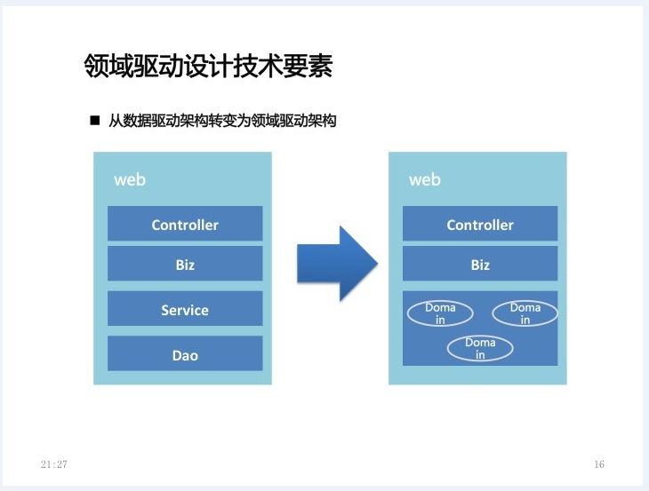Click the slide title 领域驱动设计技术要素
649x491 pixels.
[x=208, y=66]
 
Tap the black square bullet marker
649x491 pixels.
[x=95, y=120]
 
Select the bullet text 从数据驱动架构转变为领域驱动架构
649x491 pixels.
[x=222, y=121]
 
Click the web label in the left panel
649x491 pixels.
[x=130, y=179]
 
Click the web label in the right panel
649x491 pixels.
[x=425, y=179]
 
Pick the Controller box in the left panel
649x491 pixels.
[x=185, y=223]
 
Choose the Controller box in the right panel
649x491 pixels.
[x=480, y=223]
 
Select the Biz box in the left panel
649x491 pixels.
[x=185, y=264]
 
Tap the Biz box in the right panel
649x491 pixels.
[x=480, y=264]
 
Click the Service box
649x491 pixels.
[x=185, y=308]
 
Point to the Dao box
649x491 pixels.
[x=185, y=353]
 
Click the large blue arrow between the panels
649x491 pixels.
[x=337, y=264]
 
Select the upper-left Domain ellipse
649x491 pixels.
[x=440, y=313]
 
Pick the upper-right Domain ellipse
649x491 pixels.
[x=525, y=313]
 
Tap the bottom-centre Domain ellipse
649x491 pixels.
[x=480, y=348]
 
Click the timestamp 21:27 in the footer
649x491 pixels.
[x=54, y=464]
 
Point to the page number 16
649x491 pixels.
[x=599, y=464]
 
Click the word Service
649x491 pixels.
[x=185, y=311]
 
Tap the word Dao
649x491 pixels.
[x=185, y=355]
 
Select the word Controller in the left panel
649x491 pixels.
[x=185, y=225]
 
